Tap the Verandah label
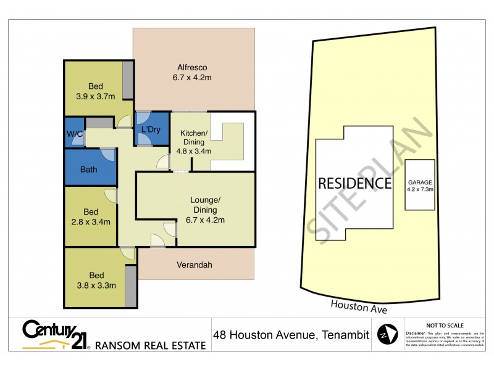195,265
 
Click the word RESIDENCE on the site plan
354,183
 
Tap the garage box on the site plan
420,185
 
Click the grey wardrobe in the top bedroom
128,80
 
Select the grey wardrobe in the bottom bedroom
130,286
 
